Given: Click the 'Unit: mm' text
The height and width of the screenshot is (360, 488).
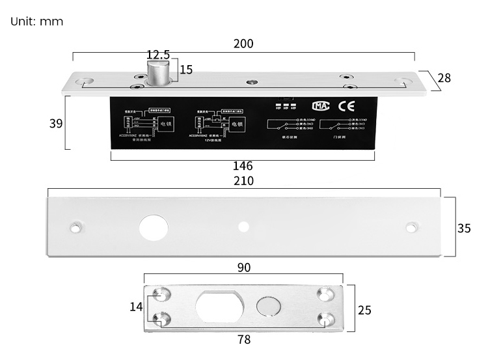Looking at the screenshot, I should (37, 21).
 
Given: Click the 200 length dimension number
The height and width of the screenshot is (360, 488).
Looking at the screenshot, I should (243, 44).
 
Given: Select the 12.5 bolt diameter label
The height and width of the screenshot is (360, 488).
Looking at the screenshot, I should (158, 54).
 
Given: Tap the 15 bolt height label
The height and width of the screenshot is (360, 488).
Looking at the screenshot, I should (186, 70).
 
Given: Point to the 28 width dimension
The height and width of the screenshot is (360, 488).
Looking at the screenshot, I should (444, 78).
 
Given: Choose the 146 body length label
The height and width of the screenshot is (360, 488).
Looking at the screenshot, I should (242, 166).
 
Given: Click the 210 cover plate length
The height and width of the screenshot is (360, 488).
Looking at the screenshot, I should (243, 180).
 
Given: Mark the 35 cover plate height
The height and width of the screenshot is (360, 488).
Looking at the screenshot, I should (464, 228).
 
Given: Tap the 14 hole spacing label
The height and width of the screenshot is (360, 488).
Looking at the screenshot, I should (136, 306).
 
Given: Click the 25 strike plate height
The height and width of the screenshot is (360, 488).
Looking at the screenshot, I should (365, 311).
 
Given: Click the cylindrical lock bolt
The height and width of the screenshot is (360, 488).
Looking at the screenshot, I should (158, 72).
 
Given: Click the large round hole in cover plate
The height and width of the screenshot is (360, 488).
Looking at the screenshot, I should (154, 227).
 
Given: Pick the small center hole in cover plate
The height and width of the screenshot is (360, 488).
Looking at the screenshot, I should (244, 227).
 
